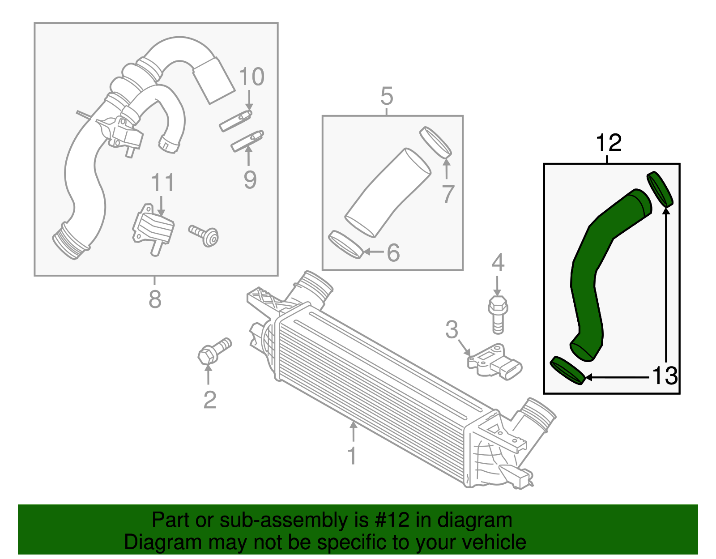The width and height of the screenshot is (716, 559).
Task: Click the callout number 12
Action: click(x=609, y=143)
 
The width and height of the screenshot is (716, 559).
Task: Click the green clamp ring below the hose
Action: click(x=567, y=371)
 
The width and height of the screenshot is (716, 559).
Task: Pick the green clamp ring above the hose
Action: click(x=660, y=189)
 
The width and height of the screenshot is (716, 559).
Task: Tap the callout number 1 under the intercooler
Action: click(x=352, y=456)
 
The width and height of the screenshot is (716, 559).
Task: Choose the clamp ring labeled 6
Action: click(x=345, y=244)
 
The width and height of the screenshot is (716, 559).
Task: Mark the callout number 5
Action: click(x=387, y=96)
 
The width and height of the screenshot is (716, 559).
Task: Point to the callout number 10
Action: click(x=251, y=77)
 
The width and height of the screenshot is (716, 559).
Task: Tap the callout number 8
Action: click(x=155, y=299)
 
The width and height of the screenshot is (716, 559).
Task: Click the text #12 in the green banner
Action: click(x=390, y=520)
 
